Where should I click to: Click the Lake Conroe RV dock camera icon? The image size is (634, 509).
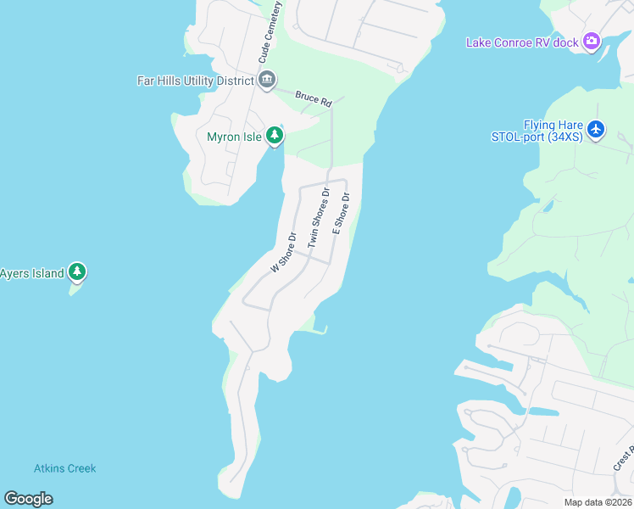click(x=592, y=42)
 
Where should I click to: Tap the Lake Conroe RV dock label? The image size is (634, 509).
click(x=521, y=42)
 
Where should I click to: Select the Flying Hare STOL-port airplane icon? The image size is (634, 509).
click(x=596, y=129)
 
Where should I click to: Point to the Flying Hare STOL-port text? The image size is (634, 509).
click(x=537, y=130)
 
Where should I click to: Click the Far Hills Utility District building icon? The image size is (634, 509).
click(x=267, y=81)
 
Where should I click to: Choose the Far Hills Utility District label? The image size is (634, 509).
click(x=196, y=81)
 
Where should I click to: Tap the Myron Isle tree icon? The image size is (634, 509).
click(x=274, y=136)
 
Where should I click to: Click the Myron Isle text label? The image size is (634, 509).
click(x=234, y=137)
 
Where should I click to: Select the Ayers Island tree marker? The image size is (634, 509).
click(x=78, y=272)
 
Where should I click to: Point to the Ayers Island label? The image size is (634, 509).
click(x=32, y=273)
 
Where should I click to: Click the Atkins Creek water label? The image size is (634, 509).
click(x=65, y=468)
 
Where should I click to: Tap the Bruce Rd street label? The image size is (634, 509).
click(x=313, y=98)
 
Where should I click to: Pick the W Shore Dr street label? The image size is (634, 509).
click(x=284, y=252)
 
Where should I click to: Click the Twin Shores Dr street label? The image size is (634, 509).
click(x=318, y=217)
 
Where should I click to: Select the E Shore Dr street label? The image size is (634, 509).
click(x=341, y=214)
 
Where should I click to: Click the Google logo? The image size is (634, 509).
click(x=29, y=499)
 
